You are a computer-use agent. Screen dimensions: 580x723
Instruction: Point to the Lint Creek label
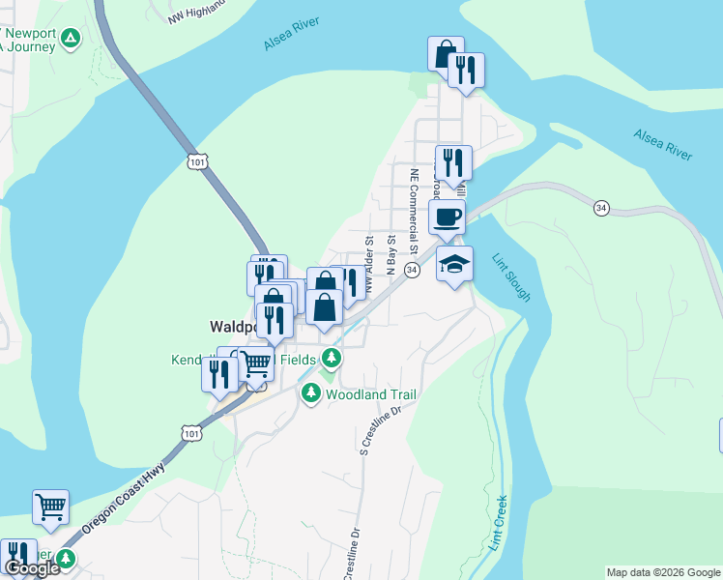click(x=499, y=523)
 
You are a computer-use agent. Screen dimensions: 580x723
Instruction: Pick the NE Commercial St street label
click(x=415, y=212)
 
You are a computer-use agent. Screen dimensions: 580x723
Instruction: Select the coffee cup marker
click(x=447, y=217)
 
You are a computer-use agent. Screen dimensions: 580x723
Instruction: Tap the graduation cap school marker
click(x=454, y=264)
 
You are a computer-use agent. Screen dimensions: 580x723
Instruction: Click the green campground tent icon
click(x=70, y=39)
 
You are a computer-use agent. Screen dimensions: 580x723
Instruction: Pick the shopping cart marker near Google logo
click(x=50, y=506)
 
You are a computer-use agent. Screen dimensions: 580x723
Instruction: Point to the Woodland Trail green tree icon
click(x=311, y=393)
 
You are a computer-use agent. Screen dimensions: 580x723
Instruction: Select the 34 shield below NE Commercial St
click(x=413, y=271)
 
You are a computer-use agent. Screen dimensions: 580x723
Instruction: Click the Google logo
click(x=32, y=568)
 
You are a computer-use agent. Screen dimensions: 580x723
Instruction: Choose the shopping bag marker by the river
click(x=445, y=53)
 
